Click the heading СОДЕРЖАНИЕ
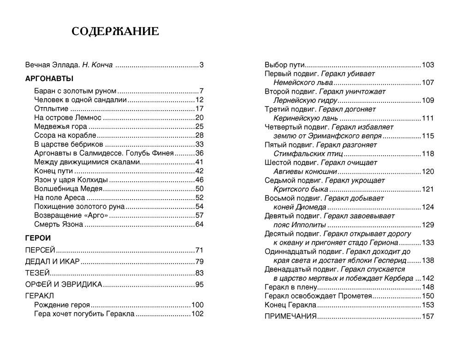point(116,31)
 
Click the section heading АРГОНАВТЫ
point(49,78)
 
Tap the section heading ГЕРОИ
point(38,238)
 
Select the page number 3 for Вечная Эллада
point(201,65)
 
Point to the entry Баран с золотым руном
point(75,91)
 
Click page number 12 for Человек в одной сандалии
point(200,100)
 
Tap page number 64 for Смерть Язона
point(200,224)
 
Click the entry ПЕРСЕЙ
point(40,250)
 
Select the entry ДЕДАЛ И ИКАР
point(53,262)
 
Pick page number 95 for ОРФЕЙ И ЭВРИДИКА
point(200,284)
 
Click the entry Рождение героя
point(62,305)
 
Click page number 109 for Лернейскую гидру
point(428,100)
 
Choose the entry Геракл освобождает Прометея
point(318,296)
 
